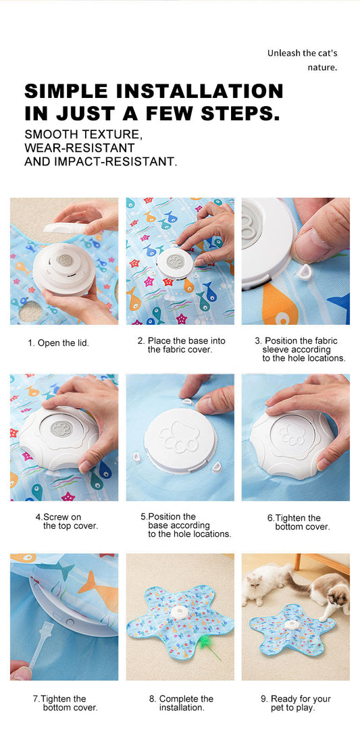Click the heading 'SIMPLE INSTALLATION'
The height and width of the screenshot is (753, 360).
click(x=153, y=90)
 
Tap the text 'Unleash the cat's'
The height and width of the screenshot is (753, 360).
click(x=303, y=53)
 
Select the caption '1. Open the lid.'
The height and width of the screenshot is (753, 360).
click(x=58, y=343)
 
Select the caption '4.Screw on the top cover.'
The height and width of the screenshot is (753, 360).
click(x=67, y=521)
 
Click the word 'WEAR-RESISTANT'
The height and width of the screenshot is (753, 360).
click(x=80, y=147)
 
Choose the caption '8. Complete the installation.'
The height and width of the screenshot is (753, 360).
click(x=181, y=703)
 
